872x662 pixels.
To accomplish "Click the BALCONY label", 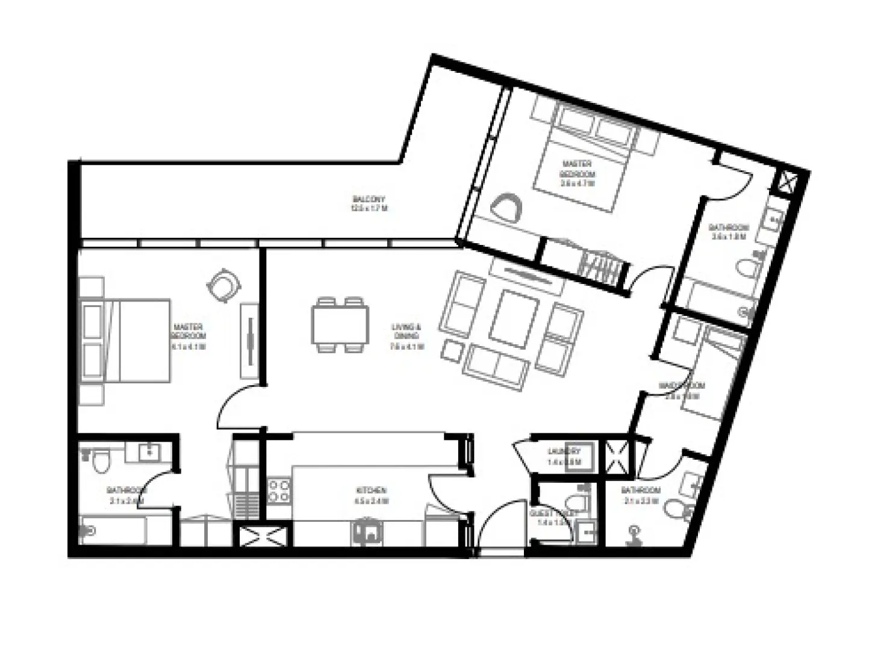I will click(x=369, y=199).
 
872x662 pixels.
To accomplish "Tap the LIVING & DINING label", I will click(x=407, y=332).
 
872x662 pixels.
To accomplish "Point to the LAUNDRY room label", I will click(x=564, y=451).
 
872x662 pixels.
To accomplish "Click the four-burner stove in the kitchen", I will click(x=279, y=490).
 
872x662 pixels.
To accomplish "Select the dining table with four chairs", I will click(x=340, y=325).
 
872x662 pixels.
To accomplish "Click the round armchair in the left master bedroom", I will click(x=222, y=284).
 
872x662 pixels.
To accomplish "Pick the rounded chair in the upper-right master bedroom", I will click(x=507, y=208).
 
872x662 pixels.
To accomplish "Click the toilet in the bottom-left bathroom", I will click(x=100, y=460).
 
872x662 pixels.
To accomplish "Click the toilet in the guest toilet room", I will click(x=572, y=501).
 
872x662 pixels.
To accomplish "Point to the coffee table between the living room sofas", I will click(x=514, y=319).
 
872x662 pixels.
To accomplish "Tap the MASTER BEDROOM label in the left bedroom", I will click(x=189, y=332).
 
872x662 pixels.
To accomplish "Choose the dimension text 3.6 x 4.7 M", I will click(x=577, y=184).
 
